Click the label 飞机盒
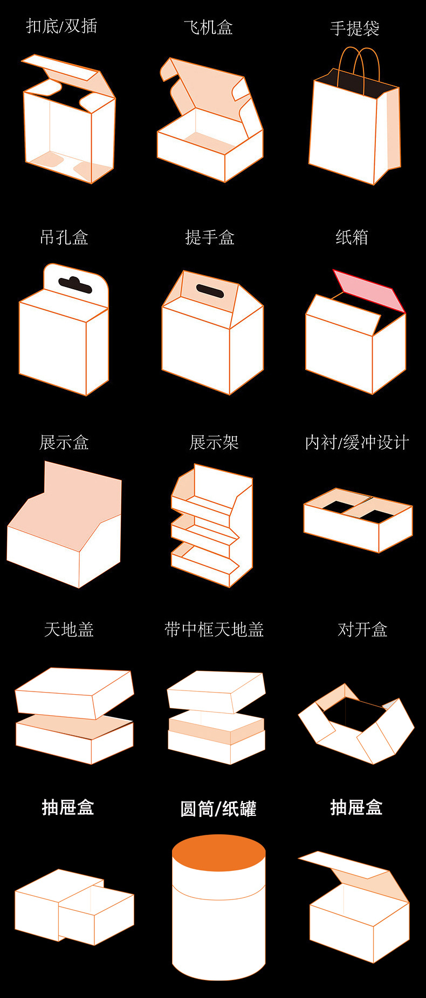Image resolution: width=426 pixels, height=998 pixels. (x=208, y=27)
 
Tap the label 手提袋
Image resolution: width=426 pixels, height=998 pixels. (x=354, y=29)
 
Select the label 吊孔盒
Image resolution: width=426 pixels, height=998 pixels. (x=64, y=237)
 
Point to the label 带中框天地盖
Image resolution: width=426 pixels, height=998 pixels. (x=214, y=629)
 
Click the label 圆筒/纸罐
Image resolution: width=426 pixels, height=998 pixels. (x=218, y=808)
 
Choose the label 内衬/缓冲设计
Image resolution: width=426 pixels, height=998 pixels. (x=356, y=443)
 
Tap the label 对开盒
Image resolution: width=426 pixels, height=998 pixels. (x=362, y=629)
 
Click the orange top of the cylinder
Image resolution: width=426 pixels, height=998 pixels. (x=218, y=854)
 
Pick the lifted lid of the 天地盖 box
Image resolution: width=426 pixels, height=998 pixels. (x=74, y=692)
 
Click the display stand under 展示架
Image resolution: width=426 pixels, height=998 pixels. (x=212, y=525)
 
